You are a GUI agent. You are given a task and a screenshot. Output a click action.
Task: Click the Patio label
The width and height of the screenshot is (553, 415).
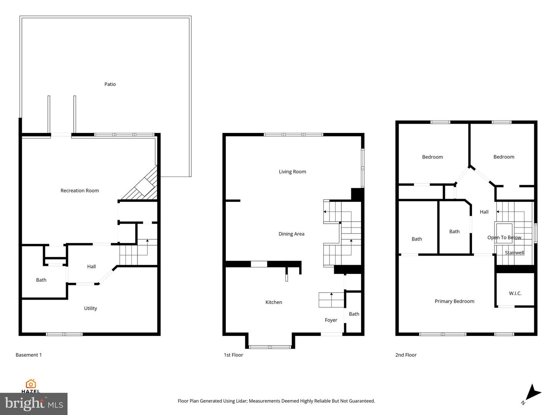coord(110,84)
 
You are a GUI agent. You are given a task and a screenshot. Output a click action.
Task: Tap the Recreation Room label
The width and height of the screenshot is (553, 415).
coord(79,191)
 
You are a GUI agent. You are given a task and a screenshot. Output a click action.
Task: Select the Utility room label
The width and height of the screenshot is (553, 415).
coord(90,308)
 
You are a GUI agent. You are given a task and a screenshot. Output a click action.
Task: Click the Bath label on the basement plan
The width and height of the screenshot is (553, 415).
coord(41,280)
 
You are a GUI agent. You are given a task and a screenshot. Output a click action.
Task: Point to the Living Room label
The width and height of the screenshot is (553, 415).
coord(292,172)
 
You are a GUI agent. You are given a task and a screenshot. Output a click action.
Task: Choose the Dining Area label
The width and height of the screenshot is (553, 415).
coord(291,234)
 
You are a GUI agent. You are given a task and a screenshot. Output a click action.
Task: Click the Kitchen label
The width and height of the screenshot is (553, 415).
coord(273,302)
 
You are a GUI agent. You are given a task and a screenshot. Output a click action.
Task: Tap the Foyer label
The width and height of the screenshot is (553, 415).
coord(331,320)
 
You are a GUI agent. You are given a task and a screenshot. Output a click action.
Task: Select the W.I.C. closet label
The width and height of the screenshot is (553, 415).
coord(515,293)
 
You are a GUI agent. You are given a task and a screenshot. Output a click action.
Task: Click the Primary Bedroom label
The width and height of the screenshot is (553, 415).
coord(454,301)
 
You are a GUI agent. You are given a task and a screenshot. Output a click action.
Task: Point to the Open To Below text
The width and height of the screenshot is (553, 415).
coord(504,237)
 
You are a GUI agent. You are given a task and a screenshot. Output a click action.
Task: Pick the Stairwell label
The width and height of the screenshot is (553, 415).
coord(514,252)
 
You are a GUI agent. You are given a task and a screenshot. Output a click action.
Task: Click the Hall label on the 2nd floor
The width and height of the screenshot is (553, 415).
coord(484,212)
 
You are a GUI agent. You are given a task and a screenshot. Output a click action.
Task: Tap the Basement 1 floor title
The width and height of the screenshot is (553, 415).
coord(28,355)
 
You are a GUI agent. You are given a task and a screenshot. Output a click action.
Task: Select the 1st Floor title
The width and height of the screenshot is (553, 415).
coord(233,355)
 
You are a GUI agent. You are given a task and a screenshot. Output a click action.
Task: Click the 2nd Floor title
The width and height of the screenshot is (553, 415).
coord(406,355)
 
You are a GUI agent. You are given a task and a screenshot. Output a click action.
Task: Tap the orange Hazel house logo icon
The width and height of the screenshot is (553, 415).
coord(31,383)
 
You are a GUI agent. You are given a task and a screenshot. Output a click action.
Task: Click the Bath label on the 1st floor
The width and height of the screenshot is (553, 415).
coord(354,314)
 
